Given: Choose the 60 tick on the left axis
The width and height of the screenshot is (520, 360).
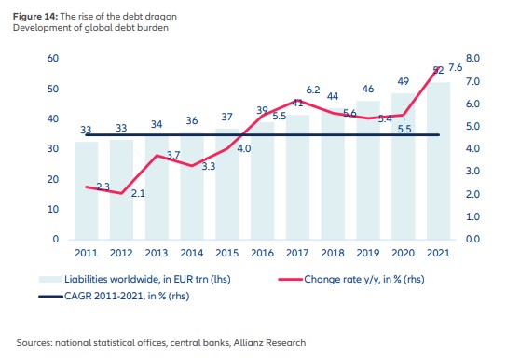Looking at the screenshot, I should coord(53,59).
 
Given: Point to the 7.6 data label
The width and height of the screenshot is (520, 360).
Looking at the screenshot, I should coord(457,69).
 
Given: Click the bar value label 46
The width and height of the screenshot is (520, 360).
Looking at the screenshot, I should coord(369,90).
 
